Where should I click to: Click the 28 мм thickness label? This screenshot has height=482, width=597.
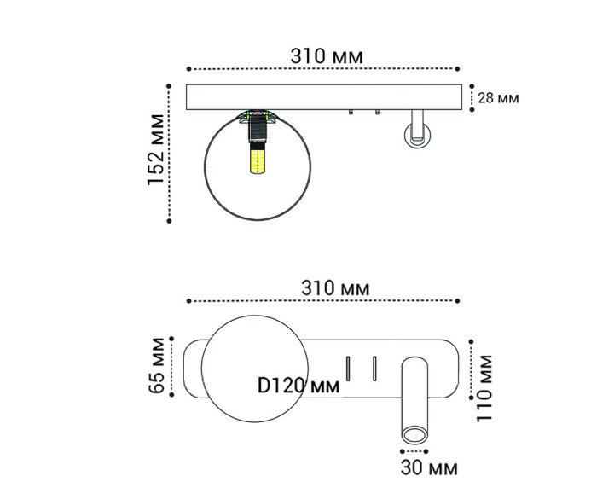coord(498,97)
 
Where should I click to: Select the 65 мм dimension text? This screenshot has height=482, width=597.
coord(156,364)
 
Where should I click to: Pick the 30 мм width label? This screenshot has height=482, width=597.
coord(428,467)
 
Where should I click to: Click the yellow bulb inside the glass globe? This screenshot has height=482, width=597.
coord(257,160)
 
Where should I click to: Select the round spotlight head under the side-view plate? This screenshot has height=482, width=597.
coord(417,134)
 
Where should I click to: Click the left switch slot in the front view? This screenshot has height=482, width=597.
coord(348,369)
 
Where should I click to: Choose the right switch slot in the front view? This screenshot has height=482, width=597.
coord(374,369)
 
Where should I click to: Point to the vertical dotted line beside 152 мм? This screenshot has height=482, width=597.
coord(170,153)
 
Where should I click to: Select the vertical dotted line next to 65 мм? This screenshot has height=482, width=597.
coord(171,365)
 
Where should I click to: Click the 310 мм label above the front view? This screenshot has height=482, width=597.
coord(335,288)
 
